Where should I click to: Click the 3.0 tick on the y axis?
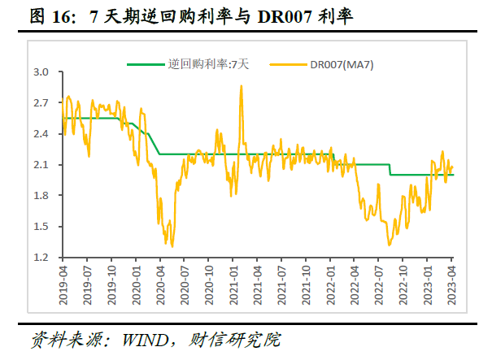tap(41, 72)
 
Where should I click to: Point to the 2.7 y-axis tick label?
tap(41, 103)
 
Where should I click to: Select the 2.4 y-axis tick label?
tap(41, 134)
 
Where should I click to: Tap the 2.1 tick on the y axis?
tap(41, 165)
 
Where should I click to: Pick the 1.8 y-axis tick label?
tap(41, 196)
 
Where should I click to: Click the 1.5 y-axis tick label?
tap(41, 227)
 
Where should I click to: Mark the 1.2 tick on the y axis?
tap(41, 258)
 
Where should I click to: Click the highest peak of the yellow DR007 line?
tap(241, 86)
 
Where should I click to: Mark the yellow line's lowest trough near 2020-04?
tap(172, 245)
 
